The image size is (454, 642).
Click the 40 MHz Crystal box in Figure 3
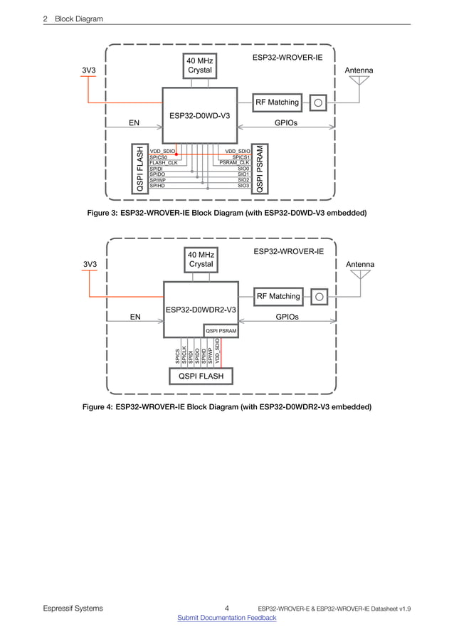tap(200, 65)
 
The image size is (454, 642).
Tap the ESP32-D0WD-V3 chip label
tap(199, 115)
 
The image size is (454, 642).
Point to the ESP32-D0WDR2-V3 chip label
tap(201, 310)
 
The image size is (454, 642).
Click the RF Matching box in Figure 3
tap(277, 102)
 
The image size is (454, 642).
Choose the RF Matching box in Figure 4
tap(278, 296)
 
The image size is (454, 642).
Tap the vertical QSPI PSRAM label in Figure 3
tap(261, 169)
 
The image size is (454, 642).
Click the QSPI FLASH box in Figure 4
tap(201, 375)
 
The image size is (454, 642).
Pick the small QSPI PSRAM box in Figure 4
tap(221, 331)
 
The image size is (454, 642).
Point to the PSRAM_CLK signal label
tap(234, 163)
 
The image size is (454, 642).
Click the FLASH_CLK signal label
tap(163, 163)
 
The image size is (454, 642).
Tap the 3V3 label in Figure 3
tap(88, 70)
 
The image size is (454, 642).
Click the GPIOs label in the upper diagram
tap(285, 122)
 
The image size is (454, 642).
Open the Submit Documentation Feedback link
tap(226, 618)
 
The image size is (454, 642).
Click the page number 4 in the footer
tap(226, 608)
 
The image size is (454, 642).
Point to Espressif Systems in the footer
tap(73, 609)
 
